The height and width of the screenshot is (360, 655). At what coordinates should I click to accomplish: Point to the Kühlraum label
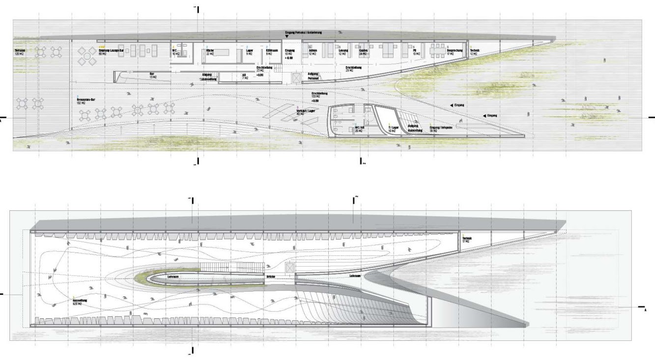click(x=273, y=52)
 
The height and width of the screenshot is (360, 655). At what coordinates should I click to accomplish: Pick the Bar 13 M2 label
click(x=152, y=75)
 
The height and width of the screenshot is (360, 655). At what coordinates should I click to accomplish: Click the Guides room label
click(x=364, y=52)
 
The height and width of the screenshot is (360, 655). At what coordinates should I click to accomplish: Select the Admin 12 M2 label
click(x=313, y=52)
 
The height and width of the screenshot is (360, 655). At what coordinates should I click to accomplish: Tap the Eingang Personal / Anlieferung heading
click(x=310, y=32)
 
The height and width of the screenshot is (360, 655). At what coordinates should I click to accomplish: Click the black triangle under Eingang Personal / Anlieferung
click(x=287, y=36)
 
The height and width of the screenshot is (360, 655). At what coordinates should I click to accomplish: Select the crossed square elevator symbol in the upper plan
click(x=296, y=78)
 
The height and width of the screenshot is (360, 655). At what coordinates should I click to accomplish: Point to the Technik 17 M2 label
click(x=466, y=240)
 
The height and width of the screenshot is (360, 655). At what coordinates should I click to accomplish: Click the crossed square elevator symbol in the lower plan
click(x=289, y=268)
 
